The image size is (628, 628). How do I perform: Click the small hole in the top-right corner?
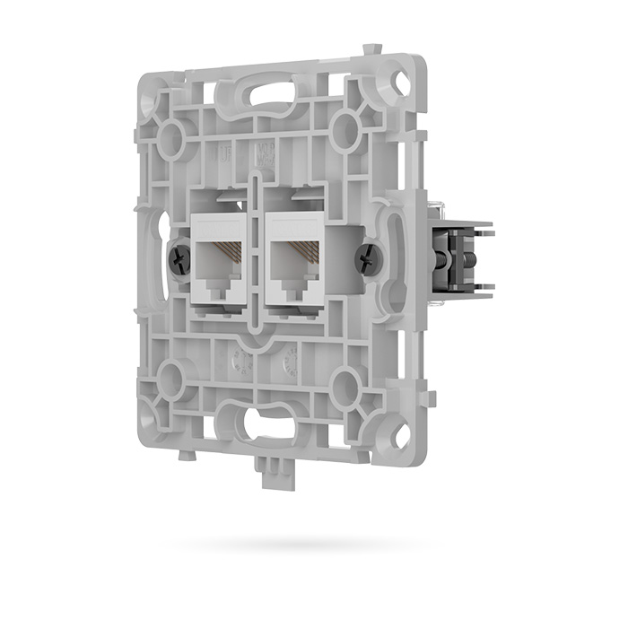401,83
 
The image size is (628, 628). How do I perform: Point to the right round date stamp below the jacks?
289,362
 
